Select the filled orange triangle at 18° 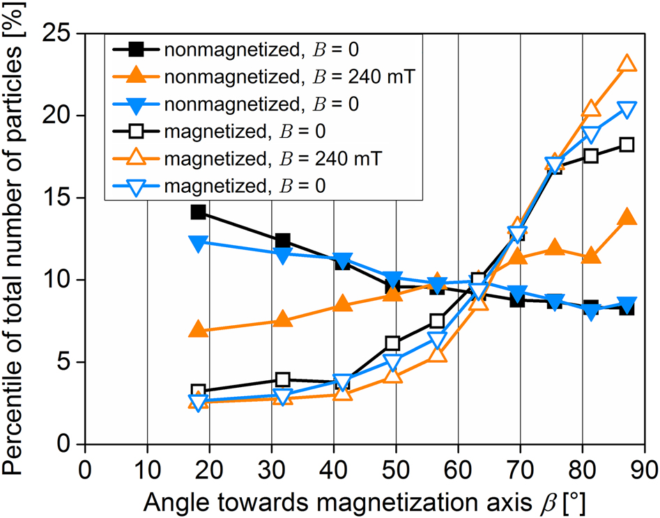[198, 330]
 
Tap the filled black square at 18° [198, 212]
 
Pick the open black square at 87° [627, 145]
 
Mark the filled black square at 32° [282, 241]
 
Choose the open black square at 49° [392, 343]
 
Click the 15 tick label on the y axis [64, 198]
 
